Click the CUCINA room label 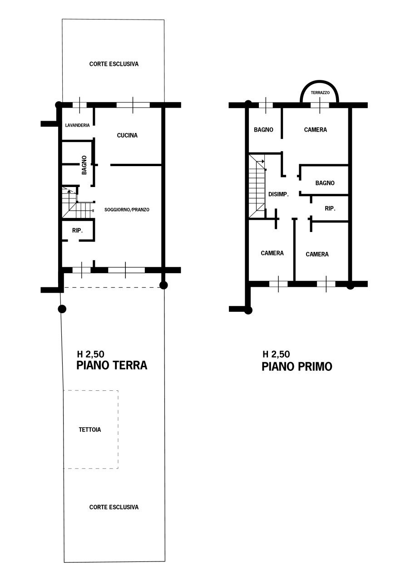click(127, 135)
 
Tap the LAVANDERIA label click(77, 126)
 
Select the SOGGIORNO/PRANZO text click(127, 210)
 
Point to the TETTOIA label click(89, 429)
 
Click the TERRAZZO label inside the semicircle click(320, 93)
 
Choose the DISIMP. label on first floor click(279, 194)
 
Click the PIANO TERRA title click(112, 365)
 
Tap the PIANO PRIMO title click(297, 367)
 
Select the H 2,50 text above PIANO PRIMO click(276, 355)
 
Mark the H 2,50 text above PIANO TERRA click(91, 355)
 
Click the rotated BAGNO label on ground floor click(84, 165)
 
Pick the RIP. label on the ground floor click(77, 231)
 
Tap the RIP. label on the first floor click(330, 209)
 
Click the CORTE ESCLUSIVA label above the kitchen click(114, 64)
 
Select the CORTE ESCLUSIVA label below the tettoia click(114, 507)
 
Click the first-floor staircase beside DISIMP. click(257, 186)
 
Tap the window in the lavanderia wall click(79, 105)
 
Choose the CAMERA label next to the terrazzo click(315, 130)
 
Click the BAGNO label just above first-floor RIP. click(325, 183)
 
